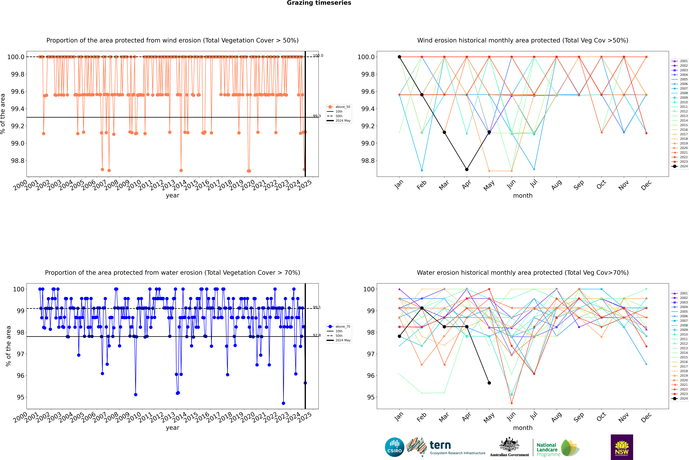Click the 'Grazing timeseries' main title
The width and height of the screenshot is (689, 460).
click(319, 3)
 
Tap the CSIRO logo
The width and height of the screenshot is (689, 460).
click(394, 447)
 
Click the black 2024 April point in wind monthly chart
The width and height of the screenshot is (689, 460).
click(467, 169)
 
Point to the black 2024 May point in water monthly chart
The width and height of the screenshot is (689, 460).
click(489, 383)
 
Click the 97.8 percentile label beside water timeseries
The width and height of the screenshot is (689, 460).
click(317, 335)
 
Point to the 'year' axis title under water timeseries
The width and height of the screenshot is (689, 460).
click(172, 428)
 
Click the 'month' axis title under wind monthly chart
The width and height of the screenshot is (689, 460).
click(522, 196)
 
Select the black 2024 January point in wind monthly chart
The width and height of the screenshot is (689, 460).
click(399, 57)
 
